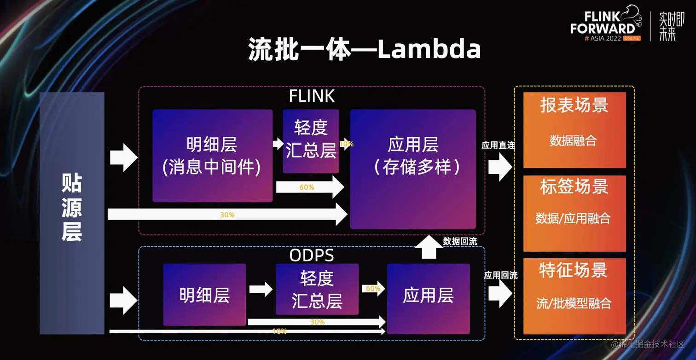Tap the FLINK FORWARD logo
[605, 25]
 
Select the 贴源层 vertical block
[72, 213]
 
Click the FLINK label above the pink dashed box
[312, 96]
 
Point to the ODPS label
[312, 255]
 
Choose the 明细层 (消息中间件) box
[212, 156]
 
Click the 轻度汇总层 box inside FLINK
[311, 141]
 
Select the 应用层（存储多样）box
[413, 169]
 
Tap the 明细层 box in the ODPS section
[204, 295]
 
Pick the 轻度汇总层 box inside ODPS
[317, 289]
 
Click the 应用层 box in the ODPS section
[428, 298]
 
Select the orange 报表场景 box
[574, 130]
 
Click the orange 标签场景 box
[574, 213]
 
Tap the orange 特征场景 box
[574, 296]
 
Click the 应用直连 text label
[498, 145]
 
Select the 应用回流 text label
[500, 275]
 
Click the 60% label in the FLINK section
[307, 187]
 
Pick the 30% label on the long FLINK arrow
[227, 215]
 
